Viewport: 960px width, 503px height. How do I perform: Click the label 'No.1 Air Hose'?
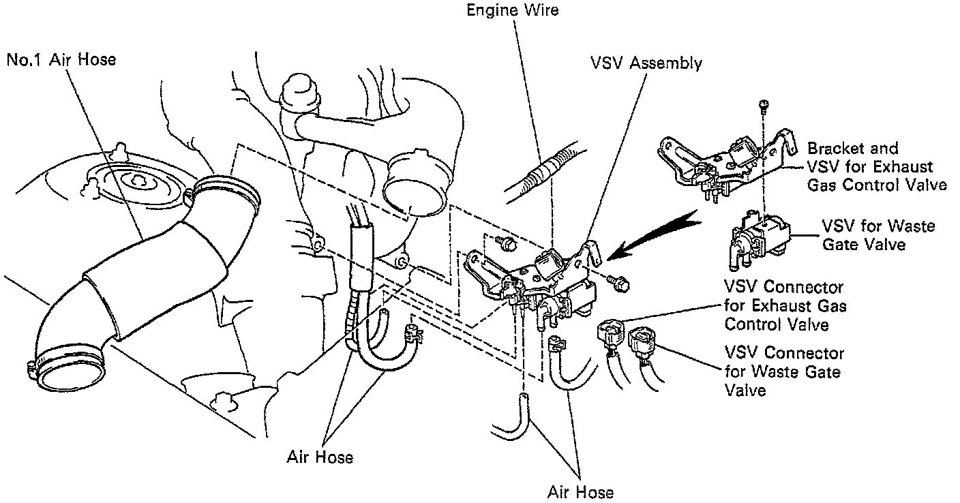61,60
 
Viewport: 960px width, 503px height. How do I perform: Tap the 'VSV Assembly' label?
646,63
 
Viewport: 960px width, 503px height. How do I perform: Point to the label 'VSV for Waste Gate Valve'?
877,234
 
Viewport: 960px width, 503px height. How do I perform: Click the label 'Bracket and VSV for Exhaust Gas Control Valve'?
877,167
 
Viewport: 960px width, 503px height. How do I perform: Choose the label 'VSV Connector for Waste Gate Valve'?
784,371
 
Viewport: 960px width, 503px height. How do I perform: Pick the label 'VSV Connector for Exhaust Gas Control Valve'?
785,306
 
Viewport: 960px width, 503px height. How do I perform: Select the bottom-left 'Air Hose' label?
320,456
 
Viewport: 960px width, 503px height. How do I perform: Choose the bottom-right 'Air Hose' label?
580,491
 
